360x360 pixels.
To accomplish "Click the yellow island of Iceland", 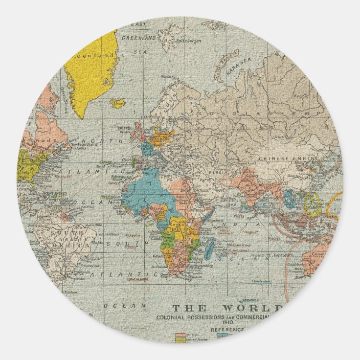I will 117,103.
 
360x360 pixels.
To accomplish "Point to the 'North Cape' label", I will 169,76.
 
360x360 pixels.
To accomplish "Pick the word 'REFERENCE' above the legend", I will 228,330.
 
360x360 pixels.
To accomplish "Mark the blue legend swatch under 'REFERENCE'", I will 223,335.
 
